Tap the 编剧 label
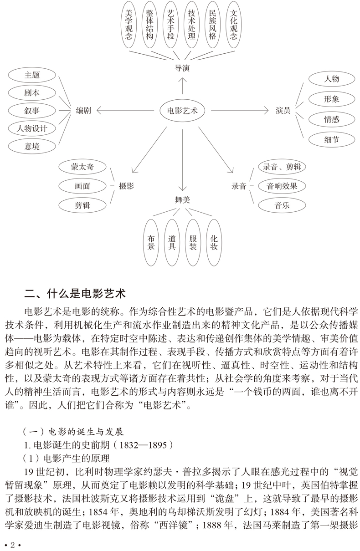(83, 110)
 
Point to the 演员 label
(283, 110)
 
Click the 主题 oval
(32, 75)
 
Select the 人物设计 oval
(32, 128)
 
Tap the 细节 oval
(332, 140)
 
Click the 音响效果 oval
(282, 186)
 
